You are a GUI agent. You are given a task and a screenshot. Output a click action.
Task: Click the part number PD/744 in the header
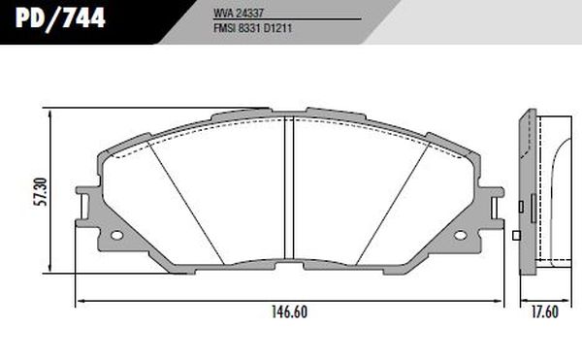pyautogui.click(x=60, y=17)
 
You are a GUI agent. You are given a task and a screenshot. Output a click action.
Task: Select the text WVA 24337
pyautogui.click(x=239, y=13)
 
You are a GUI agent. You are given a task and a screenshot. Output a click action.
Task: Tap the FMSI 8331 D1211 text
pyautogui.click(x=252, y=28)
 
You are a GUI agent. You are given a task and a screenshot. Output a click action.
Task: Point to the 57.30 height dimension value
pyautogui.click(x=41, y=191)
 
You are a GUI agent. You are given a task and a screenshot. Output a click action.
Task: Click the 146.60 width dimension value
pyautogui.click(x=289, y=312)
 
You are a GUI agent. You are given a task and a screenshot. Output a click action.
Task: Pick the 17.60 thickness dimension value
pyautogui.click(x=544, y=312)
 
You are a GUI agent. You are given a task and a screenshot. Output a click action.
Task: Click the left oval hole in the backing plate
pyautogui.click(x=116, y=235)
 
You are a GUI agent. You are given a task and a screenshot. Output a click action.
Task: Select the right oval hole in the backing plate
pyautogui.click(x=460, y=235)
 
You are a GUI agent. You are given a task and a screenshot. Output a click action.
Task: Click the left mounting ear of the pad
pyautogui.click(x=82, y=207)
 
